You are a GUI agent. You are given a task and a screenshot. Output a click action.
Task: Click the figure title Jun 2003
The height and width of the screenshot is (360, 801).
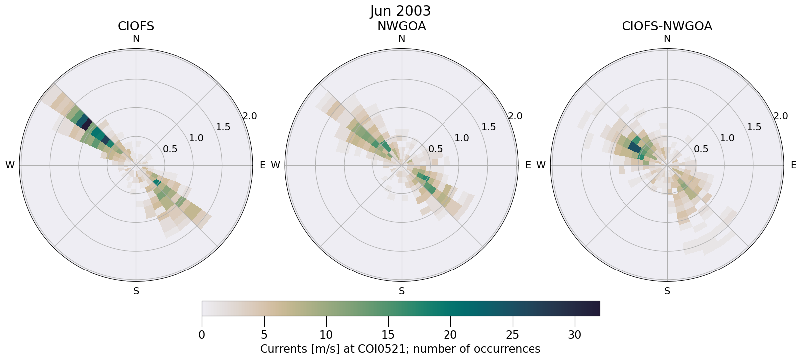(400, 11)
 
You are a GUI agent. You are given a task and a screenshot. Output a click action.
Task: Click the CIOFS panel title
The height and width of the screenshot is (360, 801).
(136, 26)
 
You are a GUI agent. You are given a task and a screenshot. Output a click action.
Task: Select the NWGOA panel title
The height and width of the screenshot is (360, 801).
(401, 26)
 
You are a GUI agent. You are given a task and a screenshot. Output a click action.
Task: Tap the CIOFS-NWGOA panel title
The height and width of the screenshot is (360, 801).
(667, 26)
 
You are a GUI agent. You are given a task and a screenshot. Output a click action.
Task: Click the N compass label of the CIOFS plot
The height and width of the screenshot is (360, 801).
(136, 39)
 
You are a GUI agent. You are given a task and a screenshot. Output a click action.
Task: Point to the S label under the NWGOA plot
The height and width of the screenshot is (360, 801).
(402, 291)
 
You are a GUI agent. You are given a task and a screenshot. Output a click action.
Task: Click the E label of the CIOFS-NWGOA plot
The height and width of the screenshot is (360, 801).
(794, 165)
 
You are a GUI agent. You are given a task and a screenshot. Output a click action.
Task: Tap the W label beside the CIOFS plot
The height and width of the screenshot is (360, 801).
(10, 165)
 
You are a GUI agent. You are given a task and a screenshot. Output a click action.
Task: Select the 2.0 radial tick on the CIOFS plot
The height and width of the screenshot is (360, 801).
(249, 116)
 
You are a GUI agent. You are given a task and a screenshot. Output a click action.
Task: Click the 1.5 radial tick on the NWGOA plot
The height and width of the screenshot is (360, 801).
(489, 127)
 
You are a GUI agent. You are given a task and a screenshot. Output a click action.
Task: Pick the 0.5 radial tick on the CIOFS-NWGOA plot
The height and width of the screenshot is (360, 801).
(701, 149)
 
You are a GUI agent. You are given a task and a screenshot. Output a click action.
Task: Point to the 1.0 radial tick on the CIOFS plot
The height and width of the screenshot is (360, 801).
(196, 138)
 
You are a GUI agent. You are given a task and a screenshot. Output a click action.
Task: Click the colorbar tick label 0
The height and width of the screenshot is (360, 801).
(202, 335)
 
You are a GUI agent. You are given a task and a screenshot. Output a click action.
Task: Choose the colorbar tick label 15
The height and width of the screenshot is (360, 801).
(388, 335)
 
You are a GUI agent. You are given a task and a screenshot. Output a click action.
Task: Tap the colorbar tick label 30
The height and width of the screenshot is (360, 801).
(574, 335)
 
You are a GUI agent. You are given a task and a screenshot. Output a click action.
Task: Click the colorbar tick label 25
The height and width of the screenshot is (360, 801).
(512, 335)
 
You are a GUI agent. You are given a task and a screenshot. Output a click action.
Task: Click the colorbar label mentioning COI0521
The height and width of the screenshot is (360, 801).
(400, 349)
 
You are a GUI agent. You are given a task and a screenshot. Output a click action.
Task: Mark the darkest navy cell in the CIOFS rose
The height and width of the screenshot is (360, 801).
(87, 123)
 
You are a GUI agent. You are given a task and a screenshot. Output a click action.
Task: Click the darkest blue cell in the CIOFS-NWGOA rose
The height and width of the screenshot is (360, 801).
(635, 147)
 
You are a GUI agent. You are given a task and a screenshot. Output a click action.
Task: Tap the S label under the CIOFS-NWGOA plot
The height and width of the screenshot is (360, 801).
(667, 291)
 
